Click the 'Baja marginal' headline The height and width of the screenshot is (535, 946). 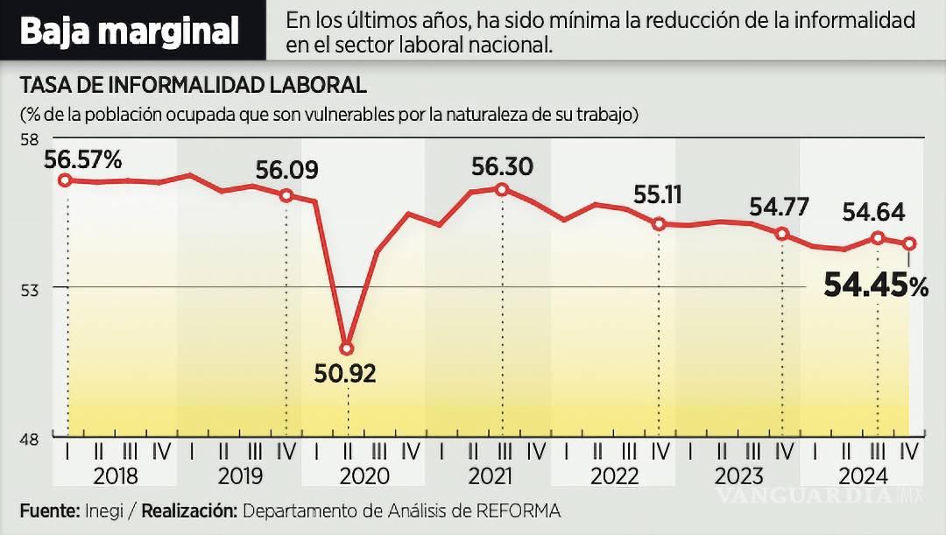[129, 32]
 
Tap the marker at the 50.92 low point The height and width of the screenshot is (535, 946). [348, 348]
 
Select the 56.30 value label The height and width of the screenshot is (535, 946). [502, 165]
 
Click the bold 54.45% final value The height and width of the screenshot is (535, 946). [875, 285]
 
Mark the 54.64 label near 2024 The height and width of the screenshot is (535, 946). [873, 213]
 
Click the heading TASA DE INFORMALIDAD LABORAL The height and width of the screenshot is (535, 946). [193, 85]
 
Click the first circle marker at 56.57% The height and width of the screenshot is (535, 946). [65, 180]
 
